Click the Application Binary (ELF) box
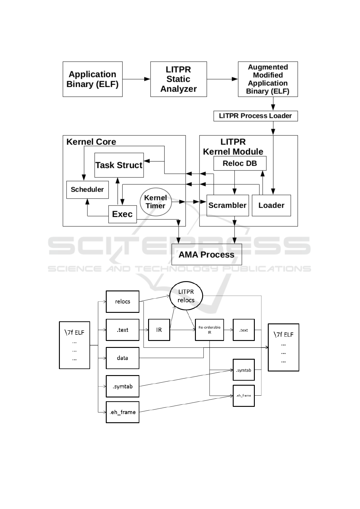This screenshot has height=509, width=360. click(x=92, y=79)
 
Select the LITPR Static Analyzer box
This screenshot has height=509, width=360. click(x=178, y=79)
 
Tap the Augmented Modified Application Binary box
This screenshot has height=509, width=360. click(x=268, y=79)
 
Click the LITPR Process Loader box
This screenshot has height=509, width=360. click(x=255, y=116)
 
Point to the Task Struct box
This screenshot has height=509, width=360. click(x=119, y=165)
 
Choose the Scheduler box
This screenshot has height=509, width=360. click(x=87, y=190)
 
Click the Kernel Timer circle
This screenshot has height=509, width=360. click(x=156, y=202)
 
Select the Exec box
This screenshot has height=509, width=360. click(x=122, y=214)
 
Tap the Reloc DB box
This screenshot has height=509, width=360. click(x=240, y=164)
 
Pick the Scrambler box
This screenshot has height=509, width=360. click(x=228, y=206)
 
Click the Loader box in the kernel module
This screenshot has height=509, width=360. click(x=271, y=206)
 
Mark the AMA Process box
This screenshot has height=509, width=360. click(x=206, y=254)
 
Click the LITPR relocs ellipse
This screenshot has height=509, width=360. click(x=186, y=296)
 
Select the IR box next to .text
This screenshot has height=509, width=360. click(x=159, y=330)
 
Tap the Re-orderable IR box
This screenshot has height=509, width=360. click(x=209, y=330)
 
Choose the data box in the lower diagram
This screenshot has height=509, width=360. click(x=122, y=358)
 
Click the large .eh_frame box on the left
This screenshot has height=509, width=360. click(x=122, y=412)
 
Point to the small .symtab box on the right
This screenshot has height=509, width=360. click(x=244, y=370)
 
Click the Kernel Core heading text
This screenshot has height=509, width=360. click(x=91, y=142)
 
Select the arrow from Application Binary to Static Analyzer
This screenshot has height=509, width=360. click(x=136, y=79)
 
